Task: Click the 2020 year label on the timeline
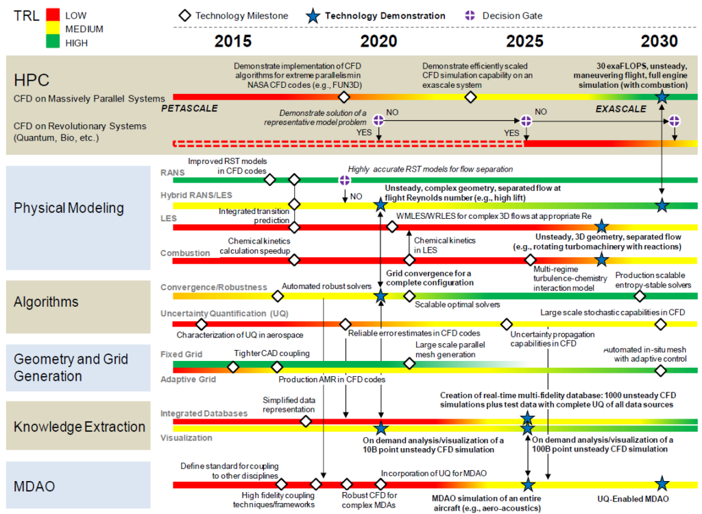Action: point(378,40)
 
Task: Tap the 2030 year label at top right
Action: point(659,40)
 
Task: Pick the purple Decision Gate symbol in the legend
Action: point(470,15)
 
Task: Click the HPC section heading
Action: point(32,80)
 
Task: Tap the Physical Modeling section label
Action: point(69,208)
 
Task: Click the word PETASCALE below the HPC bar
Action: point(190,108)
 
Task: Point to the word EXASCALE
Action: point(620,108)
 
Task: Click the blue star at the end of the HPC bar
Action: point(662,97)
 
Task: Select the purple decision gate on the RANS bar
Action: point(345,180)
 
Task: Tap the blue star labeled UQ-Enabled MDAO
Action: point(662,484)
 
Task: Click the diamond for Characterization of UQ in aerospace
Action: point(201,324)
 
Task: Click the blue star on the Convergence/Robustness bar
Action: point(380,296)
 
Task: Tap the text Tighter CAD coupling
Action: point(271,353)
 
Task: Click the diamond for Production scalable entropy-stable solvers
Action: point(640,296)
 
